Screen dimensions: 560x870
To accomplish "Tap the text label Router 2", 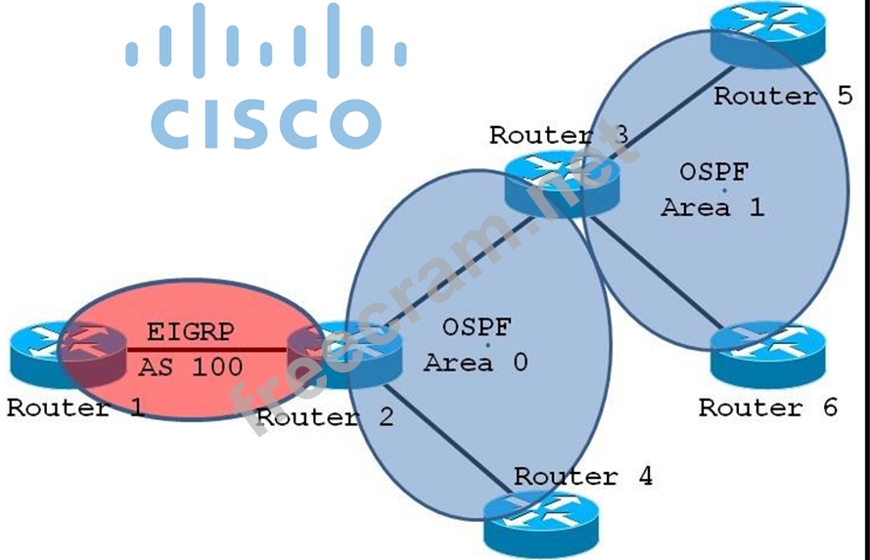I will coord(325,418).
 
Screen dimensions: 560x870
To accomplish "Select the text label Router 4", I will coord(583,477).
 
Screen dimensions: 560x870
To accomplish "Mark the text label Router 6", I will coord(768,408).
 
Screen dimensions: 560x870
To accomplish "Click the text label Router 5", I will coord(783,96).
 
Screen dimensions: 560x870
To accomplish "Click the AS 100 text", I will coord(190,367).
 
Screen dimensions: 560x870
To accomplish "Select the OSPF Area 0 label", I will coord(477,344).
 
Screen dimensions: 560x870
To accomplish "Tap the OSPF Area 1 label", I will coord(713,190).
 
